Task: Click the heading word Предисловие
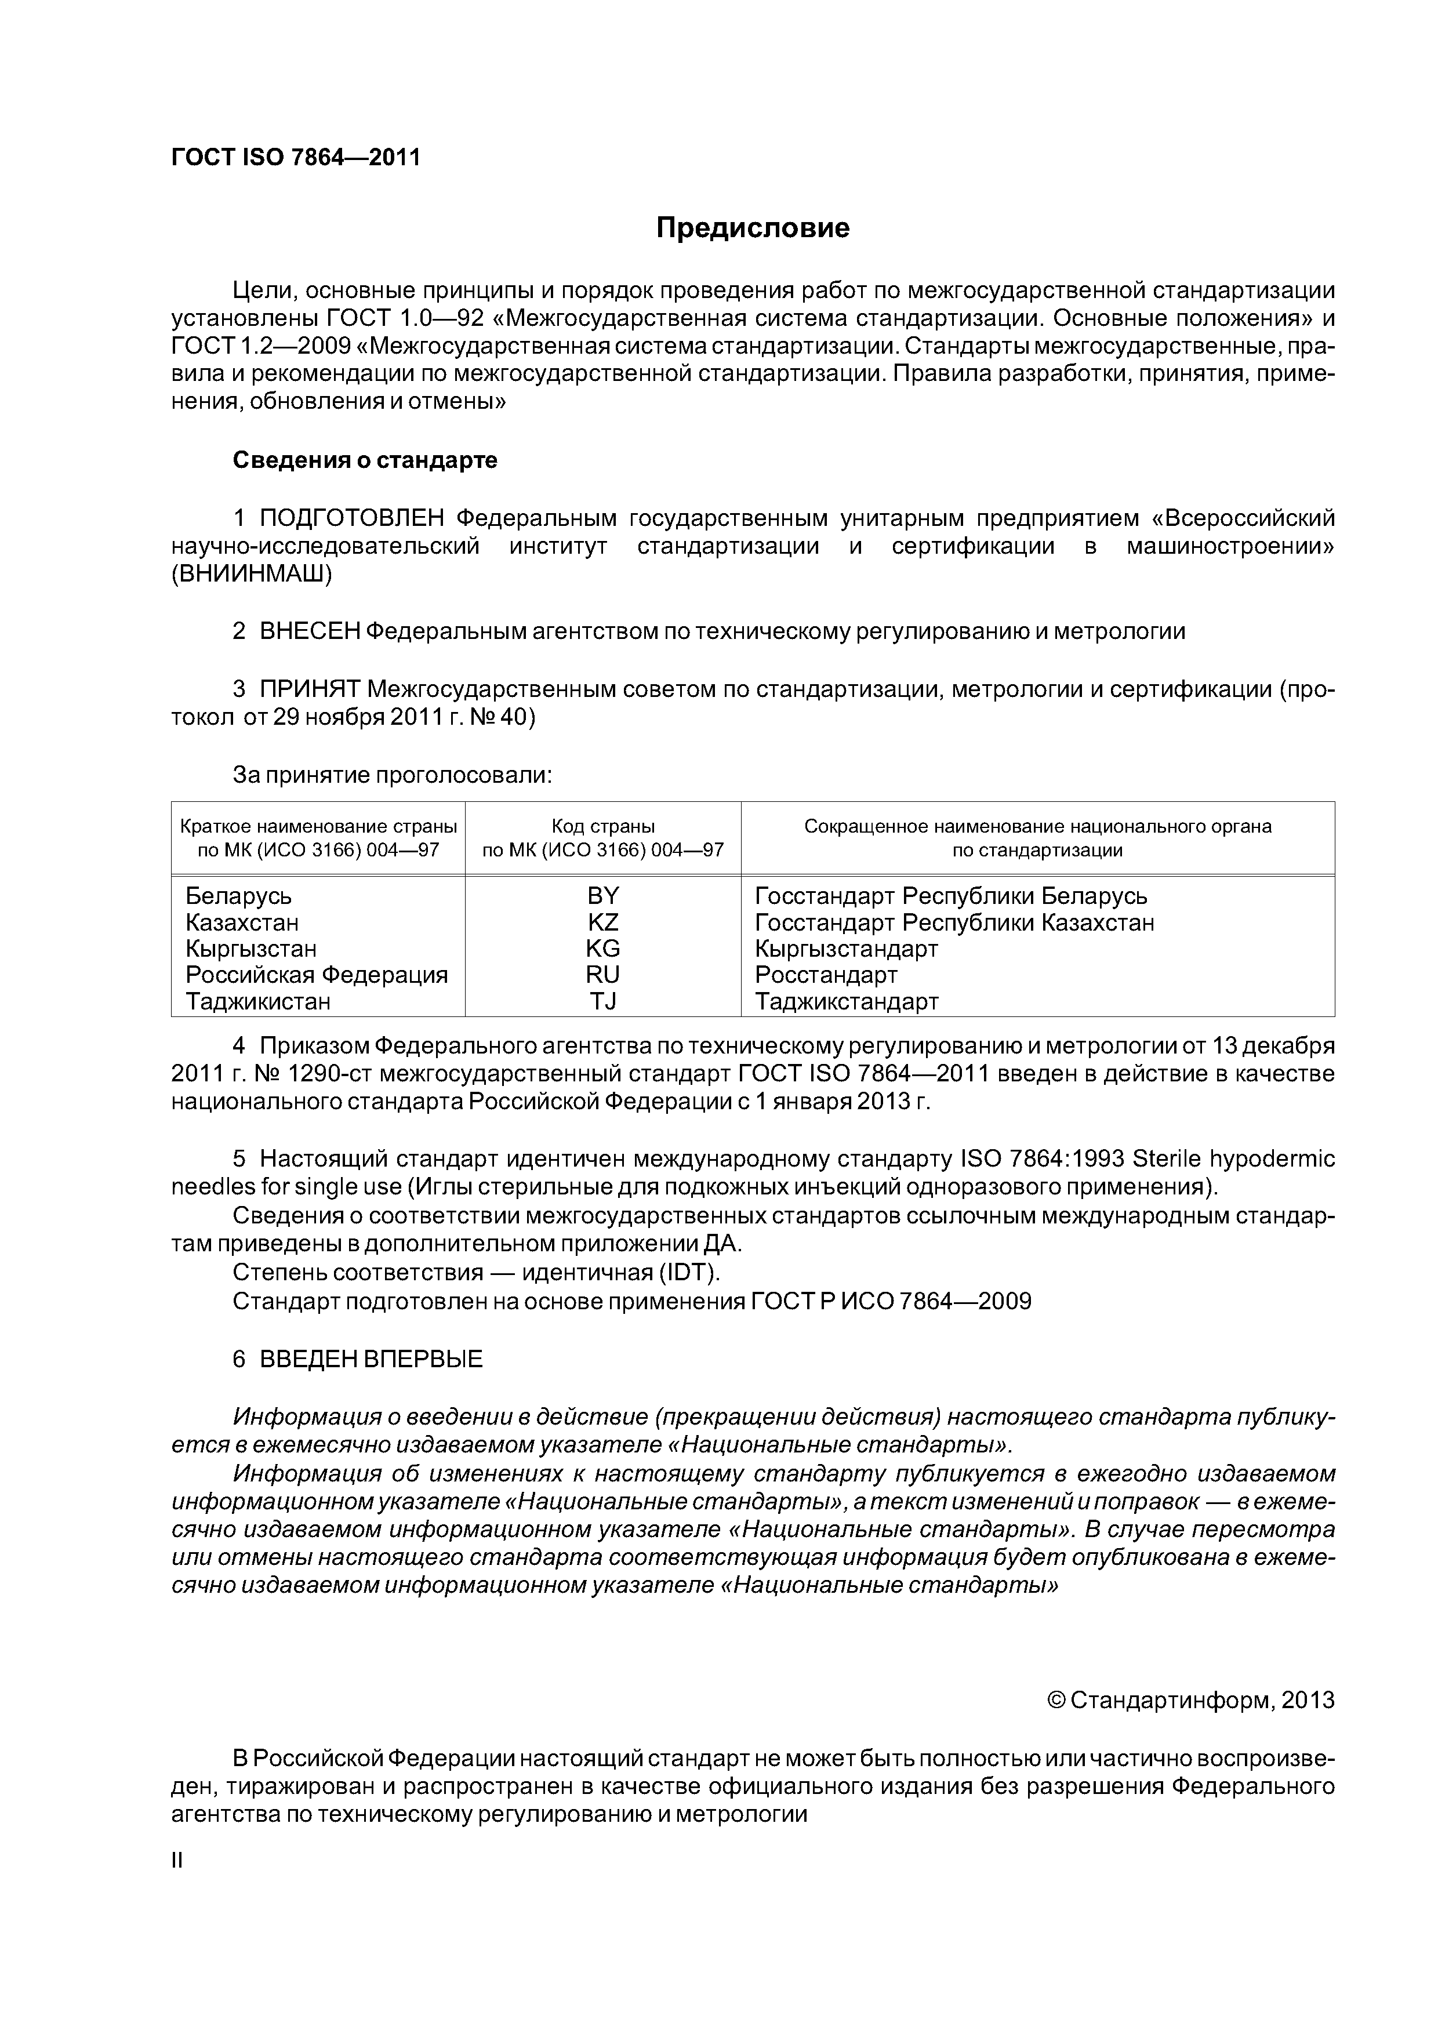tap(752, 228)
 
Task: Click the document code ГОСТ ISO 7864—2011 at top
tap(295, 158)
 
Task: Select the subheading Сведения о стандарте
tap(364, 460)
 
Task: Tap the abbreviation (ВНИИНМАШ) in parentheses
tap(252, 574)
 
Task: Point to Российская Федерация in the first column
tap(317, 975)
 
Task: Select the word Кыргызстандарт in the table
tap(846, 949)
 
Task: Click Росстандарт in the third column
tap(826, 975)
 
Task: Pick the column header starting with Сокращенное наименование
tap(1037, 838)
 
